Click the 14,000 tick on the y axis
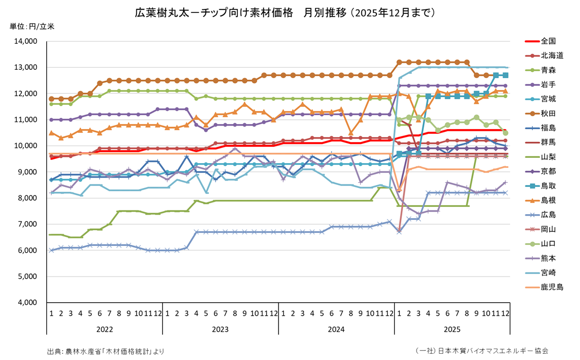[x=24, y=41]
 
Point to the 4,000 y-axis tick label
[x=25, y=303]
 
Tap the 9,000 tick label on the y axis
[x=25, y=172]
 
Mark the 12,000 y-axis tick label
[x=24, y=94]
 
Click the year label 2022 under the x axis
[x=105, y=329]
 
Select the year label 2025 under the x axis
[x=452, y=329]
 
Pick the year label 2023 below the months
[x=220, y=329]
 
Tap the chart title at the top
[x=285, y=12]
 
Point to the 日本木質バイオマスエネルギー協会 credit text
[x=482, y=351]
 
